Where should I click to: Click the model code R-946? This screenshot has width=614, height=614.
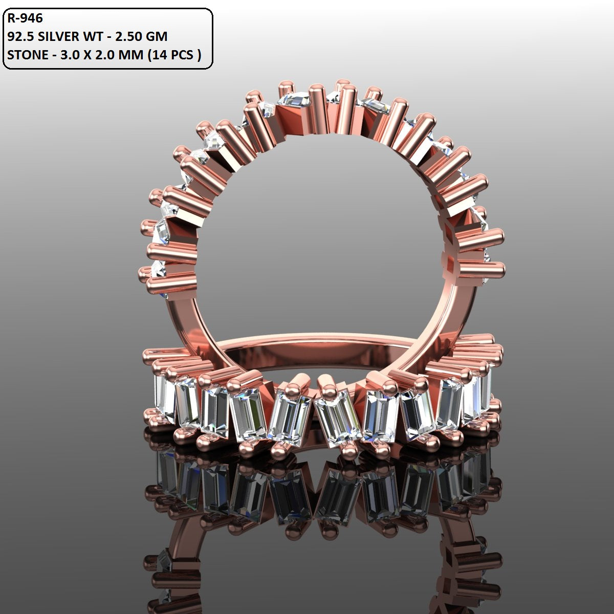pos(25,18)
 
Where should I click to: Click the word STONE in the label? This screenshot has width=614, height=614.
pos(26,55)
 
